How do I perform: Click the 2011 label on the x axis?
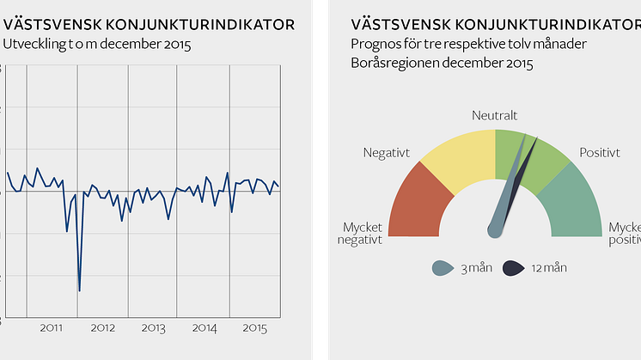[52, 328]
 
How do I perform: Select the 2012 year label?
[103, 328]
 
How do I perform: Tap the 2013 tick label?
[153, 328]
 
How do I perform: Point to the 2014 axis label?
[205, 328]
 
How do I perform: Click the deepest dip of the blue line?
[79, 290]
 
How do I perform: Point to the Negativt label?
[387, 153]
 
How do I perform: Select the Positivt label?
[600, 153]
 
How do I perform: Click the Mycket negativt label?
[361, 234]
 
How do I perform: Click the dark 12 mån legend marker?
[513, 269]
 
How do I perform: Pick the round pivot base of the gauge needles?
[495, 229]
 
